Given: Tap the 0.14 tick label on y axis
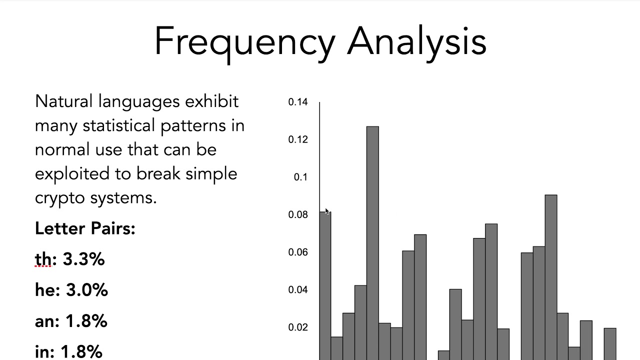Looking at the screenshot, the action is click(x=298, y=102).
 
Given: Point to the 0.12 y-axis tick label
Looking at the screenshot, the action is click(x=298, y=139).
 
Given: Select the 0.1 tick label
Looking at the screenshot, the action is click(x=300, y=177).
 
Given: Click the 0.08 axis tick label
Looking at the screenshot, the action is click(x=298, y=214).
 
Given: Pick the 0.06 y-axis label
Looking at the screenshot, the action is click(x=298, y=252).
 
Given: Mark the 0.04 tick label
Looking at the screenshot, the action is click(x=298, y=289).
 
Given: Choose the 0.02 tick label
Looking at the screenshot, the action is click(x=298, y=327).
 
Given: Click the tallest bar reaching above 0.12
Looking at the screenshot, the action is click(x=372, y=243).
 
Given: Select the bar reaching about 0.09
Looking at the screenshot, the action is click(x=551, y=277).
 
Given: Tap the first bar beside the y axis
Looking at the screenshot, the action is click(x=325, y=286).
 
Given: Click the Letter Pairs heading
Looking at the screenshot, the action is click(x=85, y=228).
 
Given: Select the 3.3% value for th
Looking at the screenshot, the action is click(x=83, y=259).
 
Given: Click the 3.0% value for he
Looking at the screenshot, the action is click(x=87, y=290).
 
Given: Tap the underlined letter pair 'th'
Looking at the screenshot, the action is click(x=43, y=259).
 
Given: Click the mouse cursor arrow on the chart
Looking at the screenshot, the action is click(x=327, y=211).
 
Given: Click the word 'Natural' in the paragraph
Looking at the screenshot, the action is click(x=63, y=101).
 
